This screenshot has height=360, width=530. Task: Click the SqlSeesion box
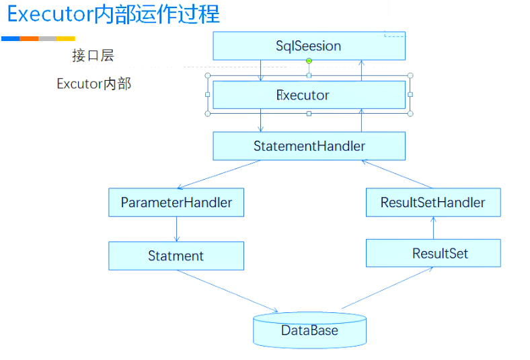[x=309, y=46]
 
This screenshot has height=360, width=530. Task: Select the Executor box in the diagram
[x=309, y=95]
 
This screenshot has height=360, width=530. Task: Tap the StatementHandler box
[x=309, y=146]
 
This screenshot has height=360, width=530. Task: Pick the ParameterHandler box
[x=176, y=203]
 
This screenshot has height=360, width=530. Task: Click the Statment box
[x=176, y=256]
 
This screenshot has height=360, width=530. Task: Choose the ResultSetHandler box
[x=433, y=203]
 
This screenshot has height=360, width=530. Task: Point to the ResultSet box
[x=433, y=253]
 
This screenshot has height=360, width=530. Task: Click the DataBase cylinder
[x=309, y=330]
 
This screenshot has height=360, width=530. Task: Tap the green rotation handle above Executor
[x=309, y=61]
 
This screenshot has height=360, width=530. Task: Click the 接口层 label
[x=93, y=55]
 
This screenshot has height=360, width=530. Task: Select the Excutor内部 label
[x=94, y=84]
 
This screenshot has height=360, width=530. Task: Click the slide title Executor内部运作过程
[x=114, y=14]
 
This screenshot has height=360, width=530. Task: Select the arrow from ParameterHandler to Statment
[x=176, y=229]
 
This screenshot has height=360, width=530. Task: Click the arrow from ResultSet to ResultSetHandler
[x=433, y=228]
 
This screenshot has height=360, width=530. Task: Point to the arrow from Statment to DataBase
[x=227, y=291]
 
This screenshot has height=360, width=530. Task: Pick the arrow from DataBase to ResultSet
[x=387, y=288]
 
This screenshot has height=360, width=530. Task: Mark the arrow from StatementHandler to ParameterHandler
[x=219, y=174]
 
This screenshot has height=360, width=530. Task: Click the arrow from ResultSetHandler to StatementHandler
[x=397, y=174]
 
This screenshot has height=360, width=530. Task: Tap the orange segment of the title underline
[x=29, y=39]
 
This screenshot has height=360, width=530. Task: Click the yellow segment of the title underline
[x=66, y=39]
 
